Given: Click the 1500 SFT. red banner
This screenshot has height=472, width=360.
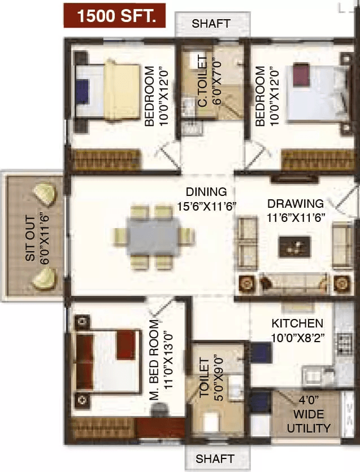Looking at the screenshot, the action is point(115,16).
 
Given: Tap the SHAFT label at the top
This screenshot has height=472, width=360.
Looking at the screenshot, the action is point(211,24).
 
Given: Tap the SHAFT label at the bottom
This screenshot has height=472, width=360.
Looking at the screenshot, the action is point(215,459).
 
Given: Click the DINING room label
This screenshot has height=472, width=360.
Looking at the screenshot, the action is point(206,192).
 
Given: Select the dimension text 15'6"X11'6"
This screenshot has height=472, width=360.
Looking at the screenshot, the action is point(206,207).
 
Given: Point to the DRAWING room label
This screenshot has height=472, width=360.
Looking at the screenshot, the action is point(296,203).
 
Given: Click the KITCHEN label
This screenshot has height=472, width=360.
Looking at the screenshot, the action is point(297,324).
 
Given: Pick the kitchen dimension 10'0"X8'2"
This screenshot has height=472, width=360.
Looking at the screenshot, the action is point(298,338).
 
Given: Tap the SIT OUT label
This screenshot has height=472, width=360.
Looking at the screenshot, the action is point(31,238).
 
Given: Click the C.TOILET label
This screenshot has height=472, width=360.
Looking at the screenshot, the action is point(203,81).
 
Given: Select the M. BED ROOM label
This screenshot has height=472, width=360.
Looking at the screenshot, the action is point(154,360).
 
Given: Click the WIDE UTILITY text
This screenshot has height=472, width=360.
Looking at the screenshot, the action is point(309,421).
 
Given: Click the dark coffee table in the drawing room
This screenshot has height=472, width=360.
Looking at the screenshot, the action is point(294,247).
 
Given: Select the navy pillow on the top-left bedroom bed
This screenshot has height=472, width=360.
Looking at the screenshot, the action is point(83,91).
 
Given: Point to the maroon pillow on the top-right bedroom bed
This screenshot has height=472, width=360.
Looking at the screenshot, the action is point(301,75).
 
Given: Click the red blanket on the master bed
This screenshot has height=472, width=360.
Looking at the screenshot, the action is point(125,344).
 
